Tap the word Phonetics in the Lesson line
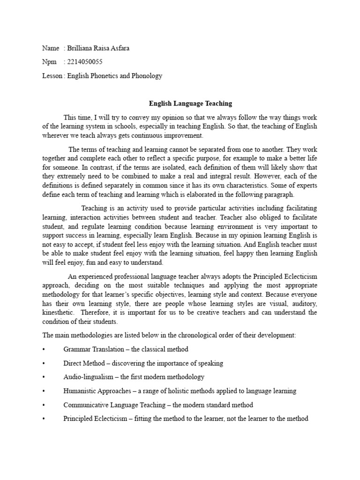(x=106, y=75)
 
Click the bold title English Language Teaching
(x=190, y=103)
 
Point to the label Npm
(x=49, y=62)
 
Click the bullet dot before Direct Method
(x=43, y=363)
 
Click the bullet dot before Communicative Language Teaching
(x=43, y=405)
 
